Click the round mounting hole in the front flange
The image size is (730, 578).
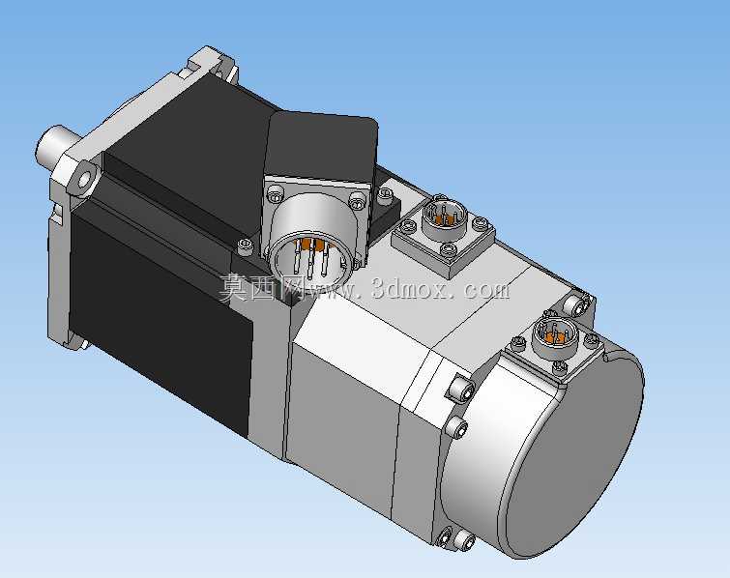pyautogui.click(x=84, y=179)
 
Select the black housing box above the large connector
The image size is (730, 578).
pyautogui.click(x=321, y=144)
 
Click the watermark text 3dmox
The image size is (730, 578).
pyautogui.click(x=411, y=289)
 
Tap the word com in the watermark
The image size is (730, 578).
pyautogui.click(x=487, y=289)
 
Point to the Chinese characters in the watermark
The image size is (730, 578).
pyautogui.click(x=262, y=288)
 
